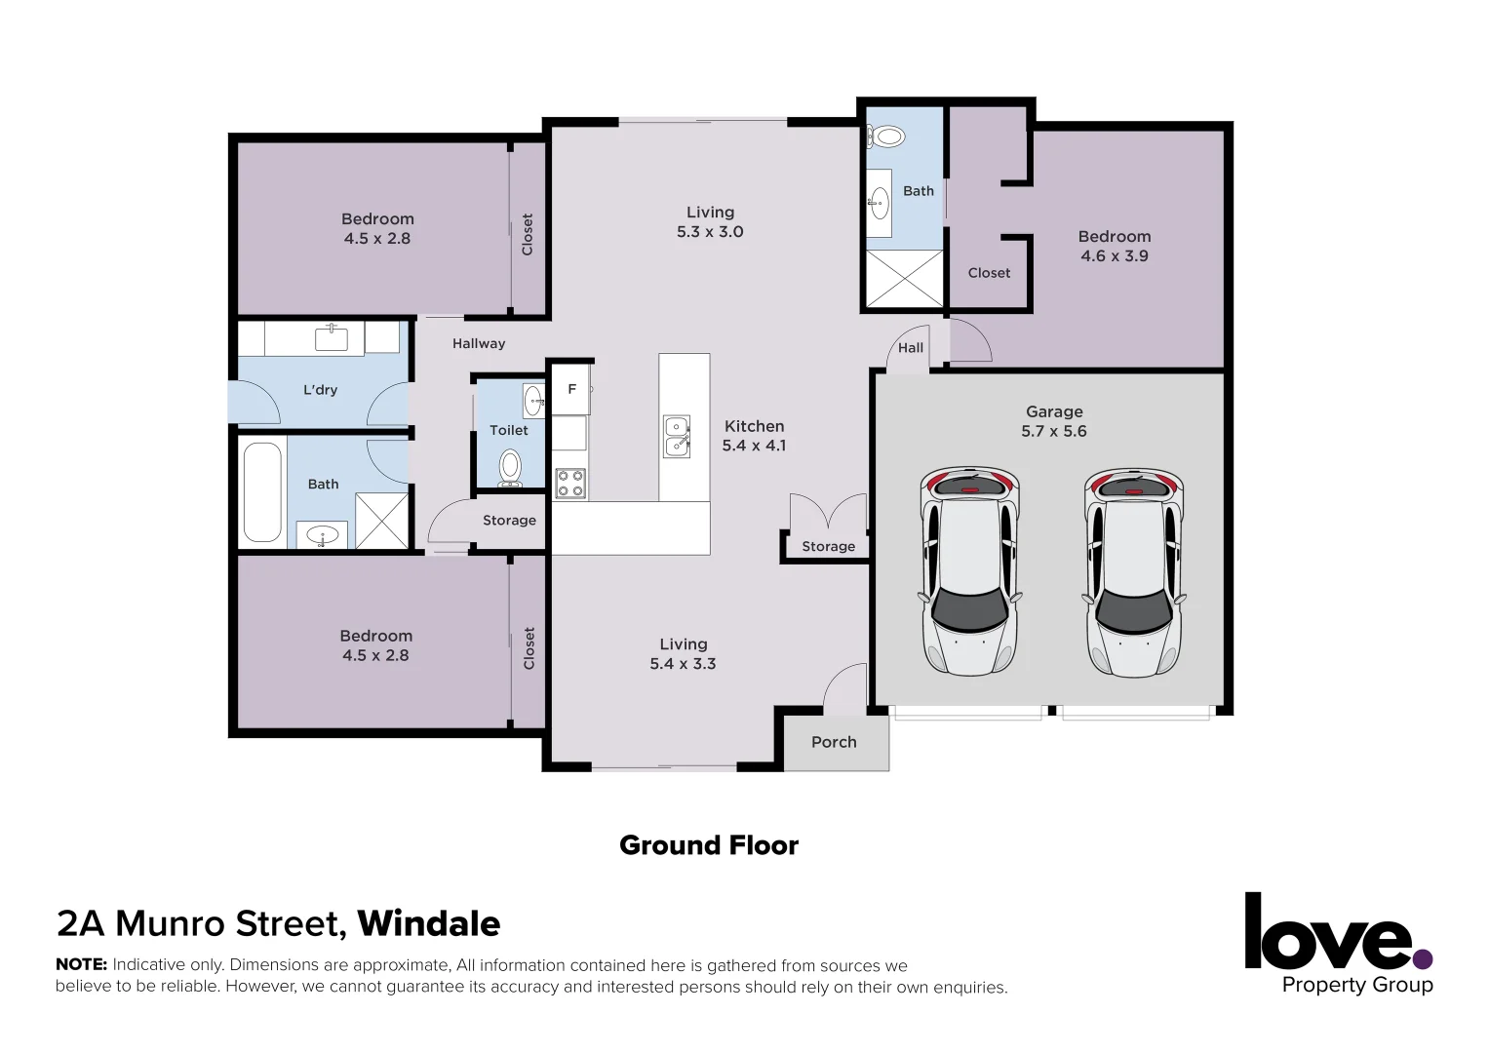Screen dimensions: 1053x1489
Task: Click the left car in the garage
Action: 970,571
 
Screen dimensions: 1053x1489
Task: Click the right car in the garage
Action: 1133,571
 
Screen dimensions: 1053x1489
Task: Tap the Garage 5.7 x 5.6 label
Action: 1053,422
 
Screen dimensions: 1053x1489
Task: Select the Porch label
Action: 834,742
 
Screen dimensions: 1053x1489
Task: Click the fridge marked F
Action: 571,389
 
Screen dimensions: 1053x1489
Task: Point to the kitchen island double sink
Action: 677,436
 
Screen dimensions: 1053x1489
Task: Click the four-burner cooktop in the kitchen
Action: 570,484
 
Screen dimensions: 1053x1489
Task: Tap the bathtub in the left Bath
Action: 262,492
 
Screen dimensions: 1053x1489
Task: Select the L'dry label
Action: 320,390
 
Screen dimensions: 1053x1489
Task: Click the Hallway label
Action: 479,343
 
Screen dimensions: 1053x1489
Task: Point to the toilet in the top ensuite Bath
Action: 887,136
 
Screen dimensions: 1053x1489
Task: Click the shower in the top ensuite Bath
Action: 905,280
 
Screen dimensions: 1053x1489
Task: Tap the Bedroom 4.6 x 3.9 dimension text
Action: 1114,256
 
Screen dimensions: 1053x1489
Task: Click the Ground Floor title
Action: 709,845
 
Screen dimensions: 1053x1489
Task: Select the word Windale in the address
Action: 428,923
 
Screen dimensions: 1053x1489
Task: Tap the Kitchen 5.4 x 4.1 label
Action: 754,436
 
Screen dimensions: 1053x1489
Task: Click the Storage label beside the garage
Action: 828,547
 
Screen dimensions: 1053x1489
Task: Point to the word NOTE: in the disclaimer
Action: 81,965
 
